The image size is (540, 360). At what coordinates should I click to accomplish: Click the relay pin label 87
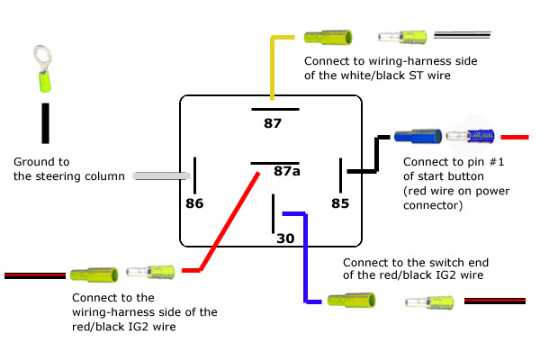pyautogui.click(x=273, y=122)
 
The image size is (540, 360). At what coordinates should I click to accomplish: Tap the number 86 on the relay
pyautogui.click(x=194, y=203)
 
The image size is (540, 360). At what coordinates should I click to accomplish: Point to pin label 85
pyautogui.click(x=339, y=203)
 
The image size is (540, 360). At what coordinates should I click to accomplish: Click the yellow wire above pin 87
pyautogui.click(x=273, y=67)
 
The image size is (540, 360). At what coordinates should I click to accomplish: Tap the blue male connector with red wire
pyautogui.click(x=471, y=138)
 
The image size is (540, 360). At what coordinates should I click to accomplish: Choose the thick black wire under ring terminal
pyautogui.click(x=44, y=123)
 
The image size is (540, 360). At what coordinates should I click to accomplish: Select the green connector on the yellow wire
pyautogui.click(x=328, y=38)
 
